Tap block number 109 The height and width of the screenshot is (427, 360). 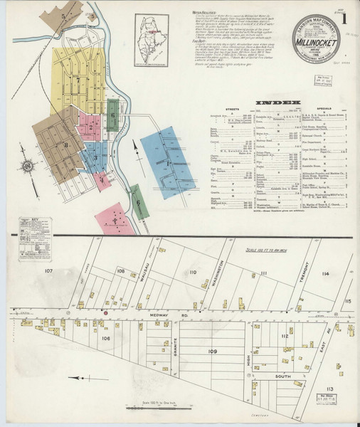tap(211, 351)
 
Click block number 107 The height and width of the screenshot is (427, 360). tap(48, 272)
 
